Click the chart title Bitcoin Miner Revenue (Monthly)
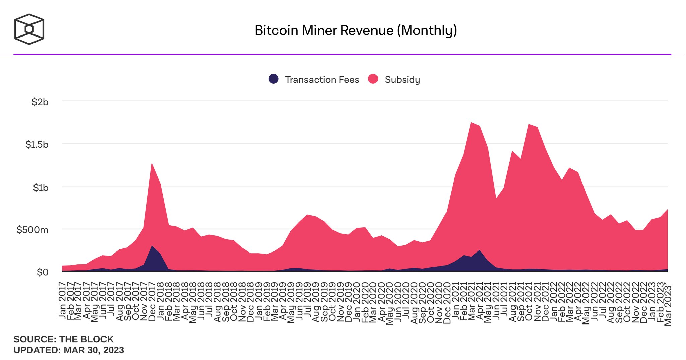pos(355,30)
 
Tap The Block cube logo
pos(29,29)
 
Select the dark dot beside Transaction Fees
pos(274,79)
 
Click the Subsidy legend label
pos(402,80)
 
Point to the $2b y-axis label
pos(40,102)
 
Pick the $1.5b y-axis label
pos(37,144)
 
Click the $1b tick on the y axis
pos(41,188)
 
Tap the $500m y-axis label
pos(32,230)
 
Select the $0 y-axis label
pos(43,272)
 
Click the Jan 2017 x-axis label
pos(62,300)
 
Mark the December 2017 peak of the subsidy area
pos(152,164)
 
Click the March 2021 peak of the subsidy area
pos(471,123)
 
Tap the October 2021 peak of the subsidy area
pos(529,125)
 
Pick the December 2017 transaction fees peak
pos(152,246)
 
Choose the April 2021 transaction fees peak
pos(480,250)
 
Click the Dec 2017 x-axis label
pos(152,301)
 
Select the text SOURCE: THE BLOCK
pos(64,339)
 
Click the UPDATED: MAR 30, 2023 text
pos(69,350)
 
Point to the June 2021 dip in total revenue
pos(496,199)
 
